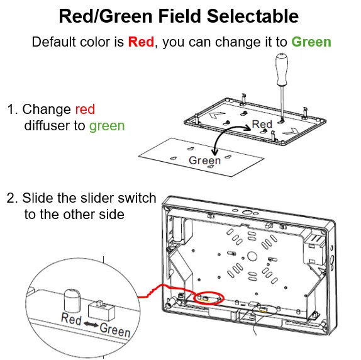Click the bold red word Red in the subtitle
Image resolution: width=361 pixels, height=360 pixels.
(x=141, y=42)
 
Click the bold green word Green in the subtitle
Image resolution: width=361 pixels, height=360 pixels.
(x=311, y=42)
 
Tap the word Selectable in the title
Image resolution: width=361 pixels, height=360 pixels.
(x=253, y=16)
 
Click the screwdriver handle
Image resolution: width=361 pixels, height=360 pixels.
(x=282, y=69)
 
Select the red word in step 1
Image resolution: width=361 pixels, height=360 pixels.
(x=85, y=109)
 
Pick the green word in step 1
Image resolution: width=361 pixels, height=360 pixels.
(x=107, y=127)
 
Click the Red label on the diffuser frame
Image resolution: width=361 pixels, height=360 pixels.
(x=262, y=124)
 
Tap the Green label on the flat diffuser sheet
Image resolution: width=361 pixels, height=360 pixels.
(x=204, y=160)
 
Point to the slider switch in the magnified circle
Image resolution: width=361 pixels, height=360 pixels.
(x=101, y=310)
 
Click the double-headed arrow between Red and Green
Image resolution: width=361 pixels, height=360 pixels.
(x=91, y=324)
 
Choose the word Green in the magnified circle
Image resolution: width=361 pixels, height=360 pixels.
(x=115, y=330)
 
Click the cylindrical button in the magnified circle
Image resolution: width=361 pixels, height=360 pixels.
(x=72, y=300)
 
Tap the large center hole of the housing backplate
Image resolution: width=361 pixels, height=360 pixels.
(x=252, y=256)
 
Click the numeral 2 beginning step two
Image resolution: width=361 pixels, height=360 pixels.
(x=11, y=198)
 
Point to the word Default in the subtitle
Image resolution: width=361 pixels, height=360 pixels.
(x=54, y=42)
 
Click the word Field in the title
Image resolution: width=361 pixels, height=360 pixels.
(x=180, y=16)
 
